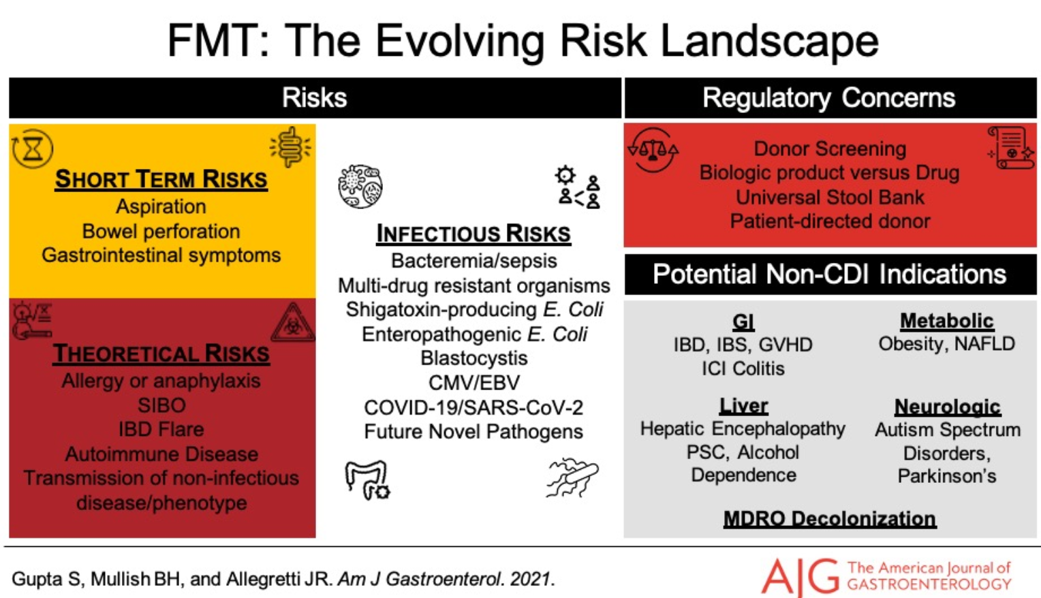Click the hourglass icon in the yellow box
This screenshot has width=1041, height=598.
pos(32,148)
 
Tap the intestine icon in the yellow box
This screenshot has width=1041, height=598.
pos(290,147)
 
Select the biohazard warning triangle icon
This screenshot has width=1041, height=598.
pos(293,323)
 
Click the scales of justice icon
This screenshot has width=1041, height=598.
pos(653,150)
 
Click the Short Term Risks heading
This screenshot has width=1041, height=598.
pos(161,179)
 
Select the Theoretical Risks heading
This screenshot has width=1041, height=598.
pos(161,353)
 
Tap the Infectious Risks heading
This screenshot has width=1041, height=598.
pos(473,233)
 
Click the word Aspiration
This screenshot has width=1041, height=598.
pos(161,206)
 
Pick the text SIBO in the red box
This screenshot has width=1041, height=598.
pos(161,405)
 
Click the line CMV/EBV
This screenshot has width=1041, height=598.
pos(474,383)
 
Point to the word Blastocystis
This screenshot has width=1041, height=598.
pos(474,358)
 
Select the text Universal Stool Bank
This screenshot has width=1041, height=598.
pos(830,197)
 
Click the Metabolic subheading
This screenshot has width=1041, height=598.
pos(947,321)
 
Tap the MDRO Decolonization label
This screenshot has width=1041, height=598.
pos(830,518)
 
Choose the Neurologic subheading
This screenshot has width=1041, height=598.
pos(948,407)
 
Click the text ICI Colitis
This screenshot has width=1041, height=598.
pos(743,368)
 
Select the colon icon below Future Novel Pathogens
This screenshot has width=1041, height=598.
pos(367,480)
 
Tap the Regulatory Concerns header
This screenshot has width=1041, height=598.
pos(829,98)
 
